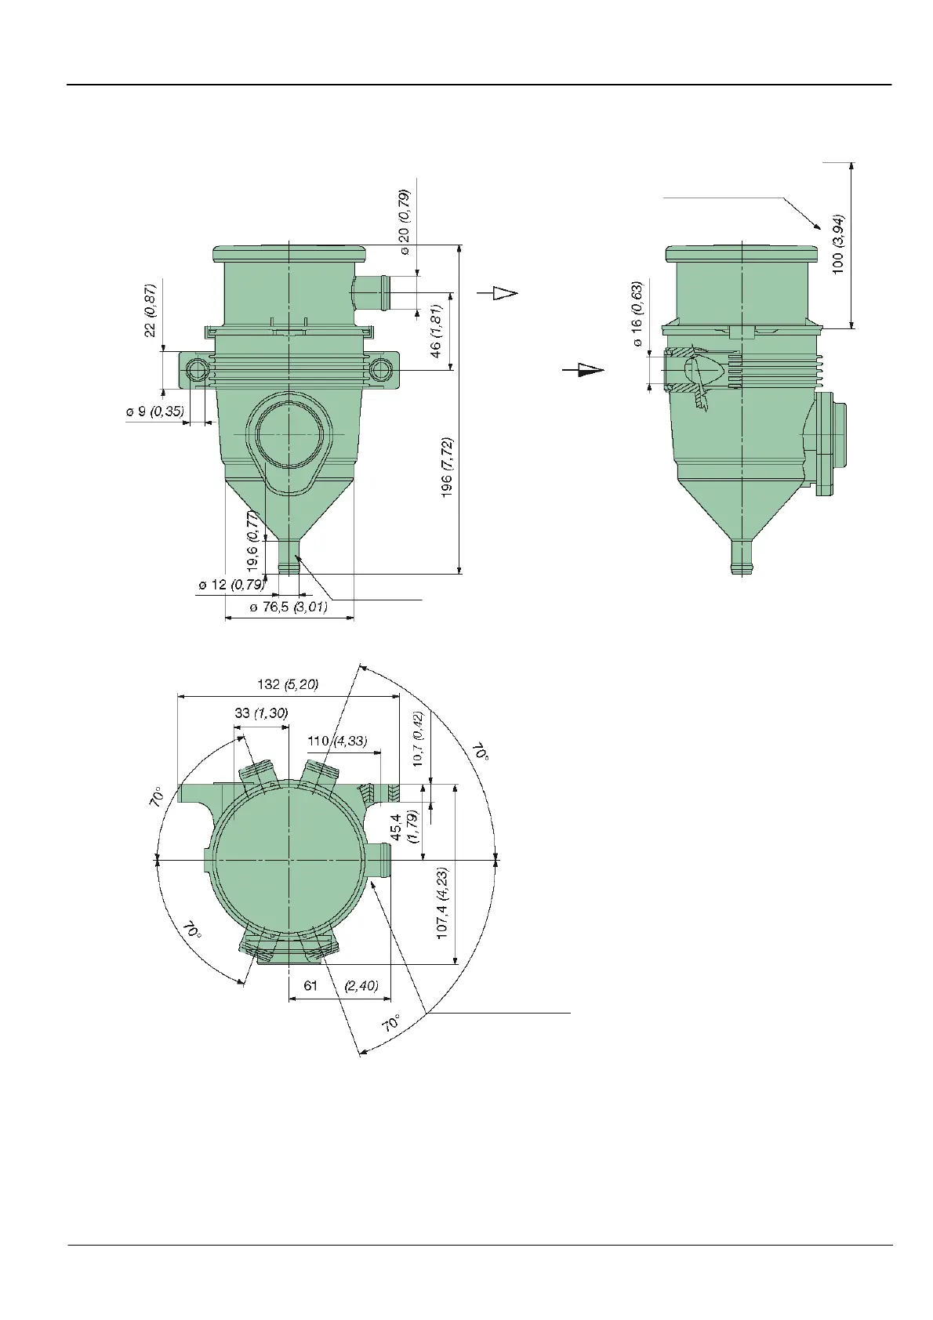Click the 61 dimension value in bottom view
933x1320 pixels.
311,985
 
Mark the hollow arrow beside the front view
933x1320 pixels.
499,292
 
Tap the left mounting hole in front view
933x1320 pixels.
198,370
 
